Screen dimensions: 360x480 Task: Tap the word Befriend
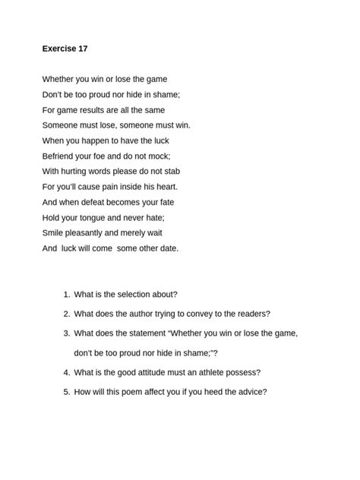pyautogui.click(x=59, y=156)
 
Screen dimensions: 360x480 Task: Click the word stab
pyautogui.click(x=172, y=171)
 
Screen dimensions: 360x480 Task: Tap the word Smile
pyautogui.click(x=54, y=232)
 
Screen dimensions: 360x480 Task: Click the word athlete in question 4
pyautogui.click(x=197, y=372)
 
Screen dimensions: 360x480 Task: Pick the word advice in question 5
pyautogui.click(x=249, y=392)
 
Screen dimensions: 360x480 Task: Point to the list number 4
pyautogui.click(x=67, y=372)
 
